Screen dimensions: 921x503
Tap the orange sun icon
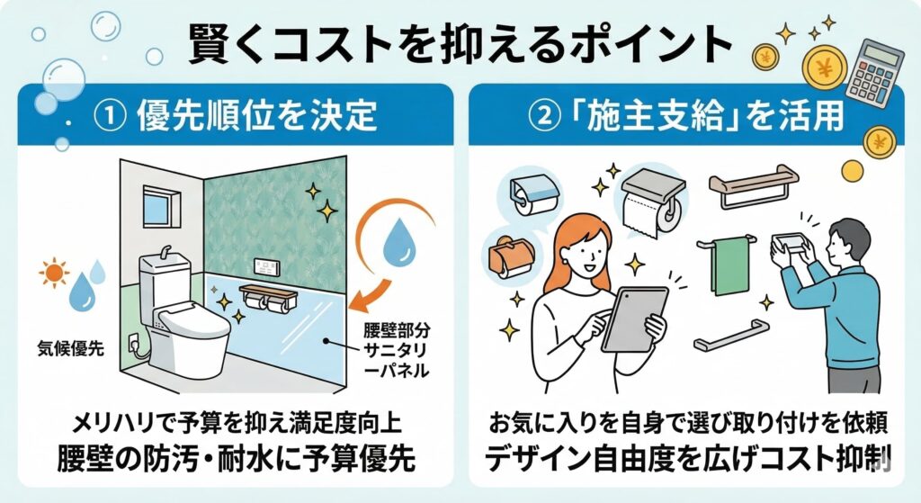click(54, 272)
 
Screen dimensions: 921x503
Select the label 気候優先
click(70, 348)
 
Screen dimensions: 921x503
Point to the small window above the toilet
click(158, 207)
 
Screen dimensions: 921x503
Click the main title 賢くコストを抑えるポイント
click(460, 43)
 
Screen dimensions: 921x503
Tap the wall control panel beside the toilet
click(267, 267)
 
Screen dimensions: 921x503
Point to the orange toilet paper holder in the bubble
click(510, 255)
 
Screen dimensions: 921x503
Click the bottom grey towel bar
click(731, 335)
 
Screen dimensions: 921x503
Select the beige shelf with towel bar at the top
click(754, 184)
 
